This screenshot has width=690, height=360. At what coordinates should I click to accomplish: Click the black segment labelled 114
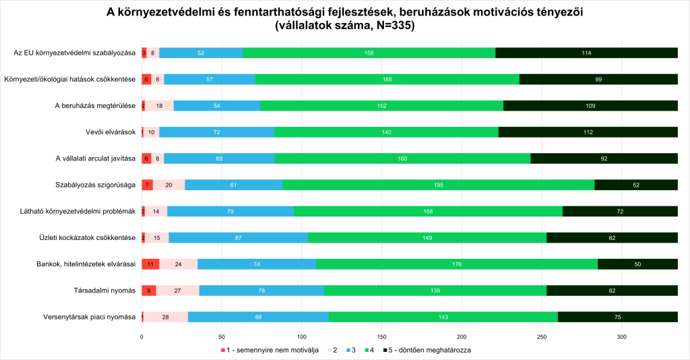(586, 53)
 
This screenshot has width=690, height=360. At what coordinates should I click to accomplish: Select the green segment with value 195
(439, 185)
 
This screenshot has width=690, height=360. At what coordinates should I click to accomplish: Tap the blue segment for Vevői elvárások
(217, 132)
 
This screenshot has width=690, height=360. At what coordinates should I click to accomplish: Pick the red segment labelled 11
(150, 264)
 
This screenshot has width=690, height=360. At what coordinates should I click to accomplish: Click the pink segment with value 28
(166, 317)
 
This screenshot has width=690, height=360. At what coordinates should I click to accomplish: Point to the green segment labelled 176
(457, 264)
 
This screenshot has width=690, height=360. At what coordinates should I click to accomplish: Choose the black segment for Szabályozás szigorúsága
(636, 185)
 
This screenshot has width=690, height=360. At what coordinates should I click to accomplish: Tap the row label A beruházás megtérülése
(95, 106)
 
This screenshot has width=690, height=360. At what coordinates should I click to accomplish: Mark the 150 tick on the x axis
(382, 336)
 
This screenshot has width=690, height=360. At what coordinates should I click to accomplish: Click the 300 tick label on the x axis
(622, 336)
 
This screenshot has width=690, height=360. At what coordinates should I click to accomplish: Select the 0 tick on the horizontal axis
(142, 336)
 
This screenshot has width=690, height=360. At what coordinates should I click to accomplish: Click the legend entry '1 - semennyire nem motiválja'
(272, 351)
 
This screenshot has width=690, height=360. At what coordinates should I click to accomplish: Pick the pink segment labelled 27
(177, 291)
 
